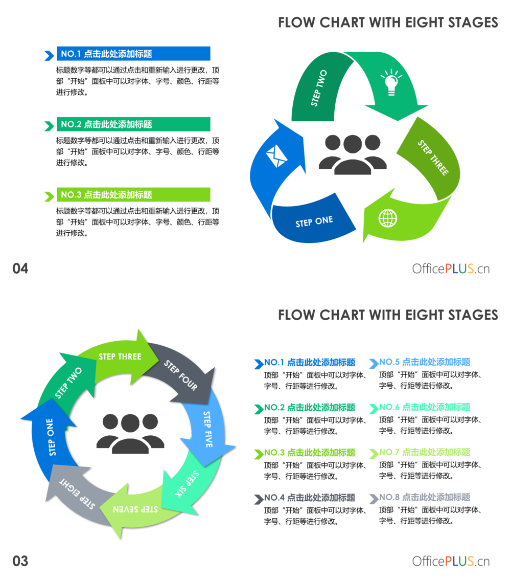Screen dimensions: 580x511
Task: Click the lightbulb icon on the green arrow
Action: tap(391, 82)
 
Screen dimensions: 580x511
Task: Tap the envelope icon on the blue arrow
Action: tap(276, 156)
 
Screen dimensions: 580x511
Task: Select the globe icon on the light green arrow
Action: tap(388, 218)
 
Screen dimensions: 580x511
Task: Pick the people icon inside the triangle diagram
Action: tap(353, 154)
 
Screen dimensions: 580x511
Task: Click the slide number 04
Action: tap(20, 269)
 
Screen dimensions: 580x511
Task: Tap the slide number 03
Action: tap(20, 561)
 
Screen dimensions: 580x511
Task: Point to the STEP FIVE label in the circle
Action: tap(208, 429)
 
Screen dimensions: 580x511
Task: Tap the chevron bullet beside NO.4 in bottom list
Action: tap(259, 498)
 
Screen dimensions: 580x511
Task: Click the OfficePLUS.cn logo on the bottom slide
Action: tap(451, 561)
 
